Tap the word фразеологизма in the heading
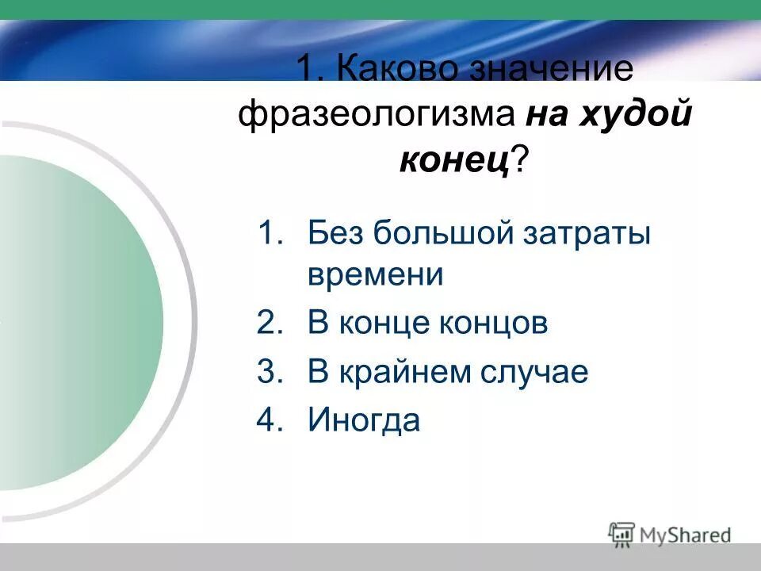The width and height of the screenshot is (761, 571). click(376, 116)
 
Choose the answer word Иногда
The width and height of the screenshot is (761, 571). click(364, 420)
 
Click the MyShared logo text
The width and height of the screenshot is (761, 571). click(686, 535)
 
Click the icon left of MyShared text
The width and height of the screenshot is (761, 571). click(622, 533)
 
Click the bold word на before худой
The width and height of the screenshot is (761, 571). click(546, 116)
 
